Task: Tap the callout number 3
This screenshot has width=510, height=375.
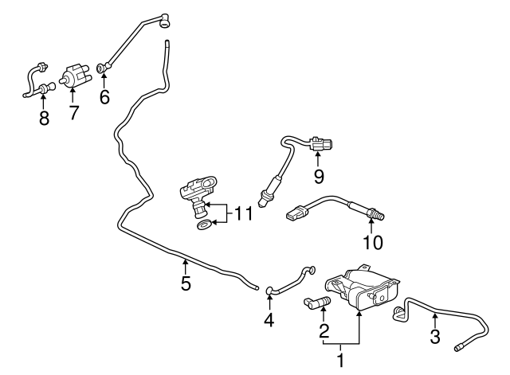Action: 435,337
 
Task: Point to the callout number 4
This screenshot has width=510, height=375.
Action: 269,321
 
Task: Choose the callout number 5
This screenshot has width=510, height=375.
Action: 186,283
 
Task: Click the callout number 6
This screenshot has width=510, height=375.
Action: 104,96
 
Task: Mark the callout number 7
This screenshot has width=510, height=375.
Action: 73,113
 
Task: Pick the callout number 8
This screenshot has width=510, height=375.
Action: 44,119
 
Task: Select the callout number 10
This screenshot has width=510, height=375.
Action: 372,241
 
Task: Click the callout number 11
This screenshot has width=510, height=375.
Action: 244,213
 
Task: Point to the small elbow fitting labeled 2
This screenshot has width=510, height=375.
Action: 316,302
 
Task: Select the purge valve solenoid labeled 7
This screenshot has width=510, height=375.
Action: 76,76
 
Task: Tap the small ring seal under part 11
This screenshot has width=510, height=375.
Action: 204,227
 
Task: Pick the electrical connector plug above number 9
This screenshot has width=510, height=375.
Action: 321,145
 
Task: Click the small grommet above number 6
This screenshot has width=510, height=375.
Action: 100,68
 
